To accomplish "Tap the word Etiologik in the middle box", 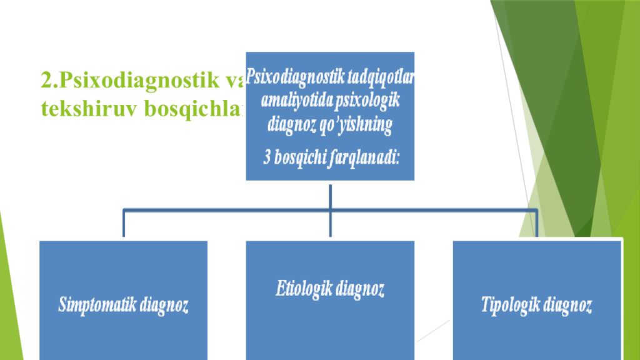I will tap(305, 289).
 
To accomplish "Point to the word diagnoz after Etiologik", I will tap(361, 289).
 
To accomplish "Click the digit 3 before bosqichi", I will tap(266, 157).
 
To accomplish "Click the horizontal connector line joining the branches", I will tap(225, 211).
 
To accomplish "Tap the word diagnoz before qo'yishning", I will tap(292, 125).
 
